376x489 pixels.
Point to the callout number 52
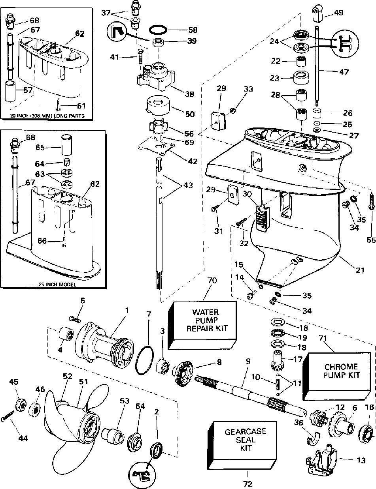(x=67, y=376)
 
